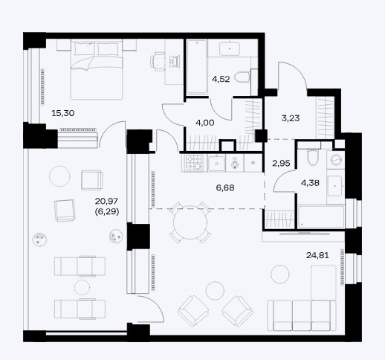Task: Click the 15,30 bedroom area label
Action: [x=63, y=113]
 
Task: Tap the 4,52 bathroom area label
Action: [x=221, y=79]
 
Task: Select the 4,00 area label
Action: [x=205, y=123]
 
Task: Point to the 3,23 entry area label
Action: [x=291, y=118]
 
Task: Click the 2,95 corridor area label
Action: [x=281, y=163]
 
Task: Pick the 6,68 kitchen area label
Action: [x=225, y=187]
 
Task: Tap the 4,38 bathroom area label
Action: [x=310, y=183]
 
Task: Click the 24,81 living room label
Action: [x=317, y=255]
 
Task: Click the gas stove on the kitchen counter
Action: [x=193, y=163]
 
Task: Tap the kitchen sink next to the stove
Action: [x=216, y=164]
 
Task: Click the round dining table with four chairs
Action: [x=190, y=222]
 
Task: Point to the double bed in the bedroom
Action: [x=97, y=71]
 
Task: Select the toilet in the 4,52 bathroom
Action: [x=242, y=77]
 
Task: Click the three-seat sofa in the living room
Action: [x=302, y=315]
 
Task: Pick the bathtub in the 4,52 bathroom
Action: [x=197, y=67]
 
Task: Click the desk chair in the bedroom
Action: [x=158, y=61]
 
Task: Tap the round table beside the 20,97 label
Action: [x=59, y=176]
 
